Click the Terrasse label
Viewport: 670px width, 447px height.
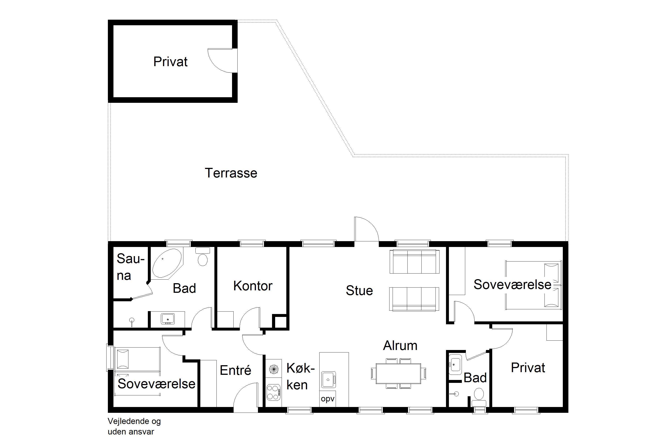[231, 173]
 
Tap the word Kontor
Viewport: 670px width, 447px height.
[253, 286]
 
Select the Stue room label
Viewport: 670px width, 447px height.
[359, 291]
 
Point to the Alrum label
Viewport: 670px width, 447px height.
[400, 346]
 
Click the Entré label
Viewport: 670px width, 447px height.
[235, 370]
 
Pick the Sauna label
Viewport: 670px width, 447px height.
[130, 267]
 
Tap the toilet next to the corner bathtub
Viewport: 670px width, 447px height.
[203, 257]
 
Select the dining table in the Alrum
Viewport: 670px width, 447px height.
[398, 373]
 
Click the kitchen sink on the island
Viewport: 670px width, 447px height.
[329, 380]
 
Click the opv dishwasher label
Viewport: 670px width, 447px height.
[328, 399]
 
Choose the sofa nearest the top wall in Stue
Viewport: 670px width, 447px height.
[414, 261]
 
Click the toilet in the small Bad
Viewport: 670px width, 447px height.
[479, 397]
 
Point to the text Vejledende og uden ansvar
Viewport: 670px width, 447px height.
[134, 426]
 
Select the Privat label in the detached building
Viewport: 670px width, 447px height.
[170, 62]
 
